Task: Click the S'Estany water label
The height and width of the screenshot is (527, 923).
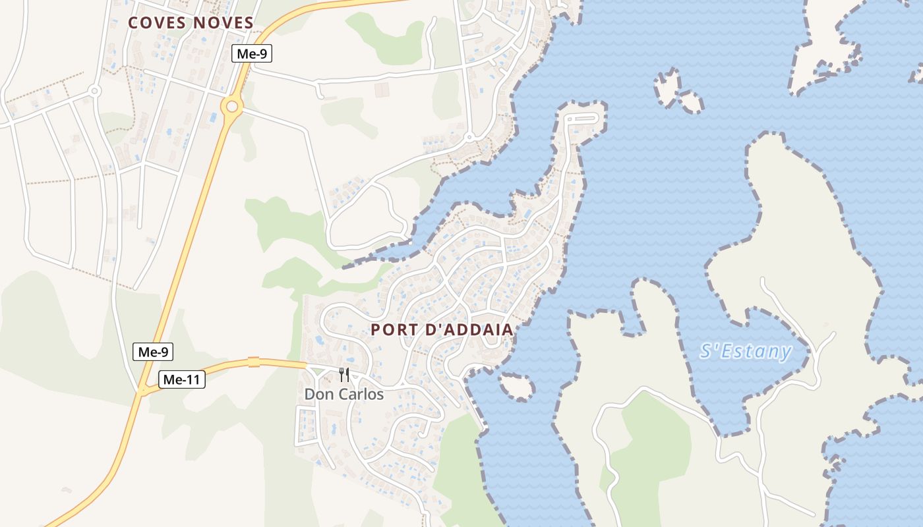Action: point(746,351)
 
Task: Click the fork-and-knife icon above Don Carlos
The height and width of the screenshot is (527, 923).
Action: point(343,375)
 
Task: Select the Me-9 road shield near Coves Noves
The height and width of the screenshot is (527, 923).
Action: point(252,54)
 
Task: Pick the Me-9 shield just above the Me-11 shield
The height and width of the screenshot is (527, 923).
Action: point(153,352)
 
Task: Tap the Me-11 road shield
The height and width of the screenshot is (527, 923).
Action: point(182,379)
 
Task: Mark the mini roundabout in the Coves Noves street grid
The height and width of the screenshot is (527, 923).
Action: point(94,91)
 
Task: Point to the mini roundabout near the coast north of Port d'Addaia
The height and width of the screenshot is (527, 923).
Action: point(469,138)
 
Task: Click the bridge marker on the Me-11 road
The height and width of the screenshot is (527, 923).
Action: point(254,362)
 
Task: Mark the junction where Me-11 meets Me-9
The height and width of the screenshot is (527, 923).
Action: point(142,391)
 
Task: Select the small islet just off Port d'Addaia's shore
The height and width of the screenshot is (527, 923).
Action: point(517,387)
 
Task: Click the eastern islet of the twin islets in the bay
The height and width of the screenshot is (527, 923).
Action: point(691,102)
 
